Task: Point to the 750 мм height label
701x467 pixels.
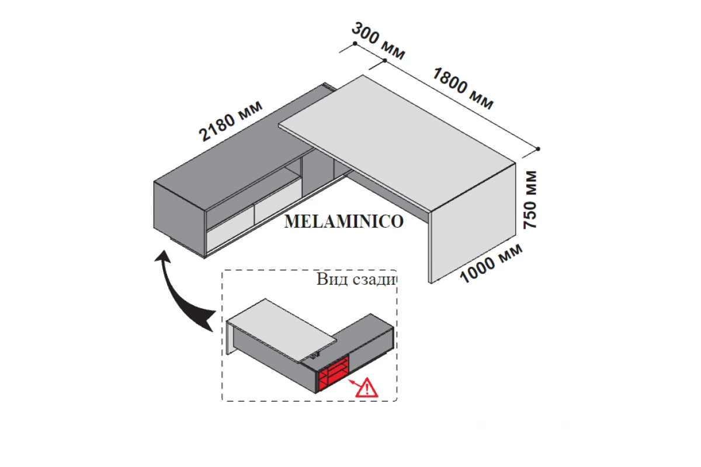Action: tap(530, 200)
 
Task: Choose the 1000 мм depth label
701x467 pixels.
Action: tap(491, 262)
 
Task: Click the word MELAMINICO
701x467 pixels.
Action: tap(343, 222)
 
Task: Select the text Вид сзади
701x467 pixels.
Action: tap(356, 279)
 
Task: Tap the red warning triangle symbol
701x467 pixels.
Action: tap(367, 388)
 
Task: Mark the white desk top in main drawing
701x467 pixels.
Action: tap(397, 140)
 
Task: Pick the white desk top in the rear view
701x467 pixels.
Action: tap(280, 327)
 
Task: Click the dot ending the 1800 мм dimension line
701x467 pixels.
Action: tap(538, 149)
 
